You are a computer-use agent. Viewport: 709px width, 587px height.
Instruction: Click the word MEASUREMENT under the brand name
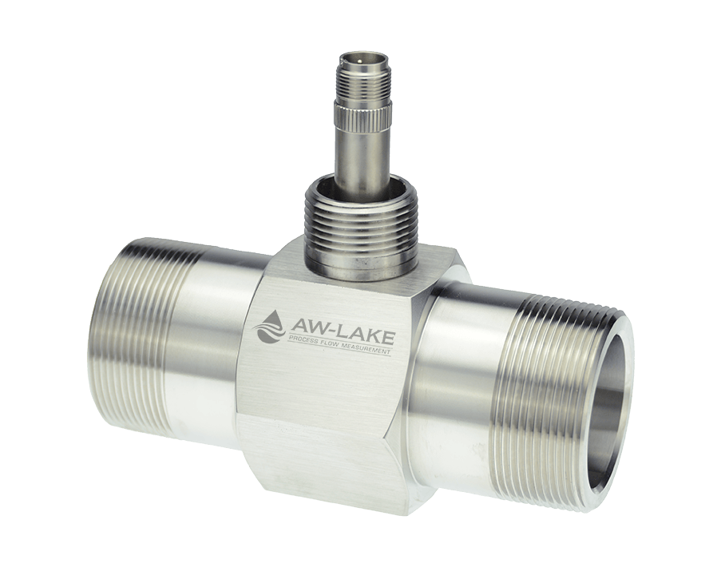click(368, 350)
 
